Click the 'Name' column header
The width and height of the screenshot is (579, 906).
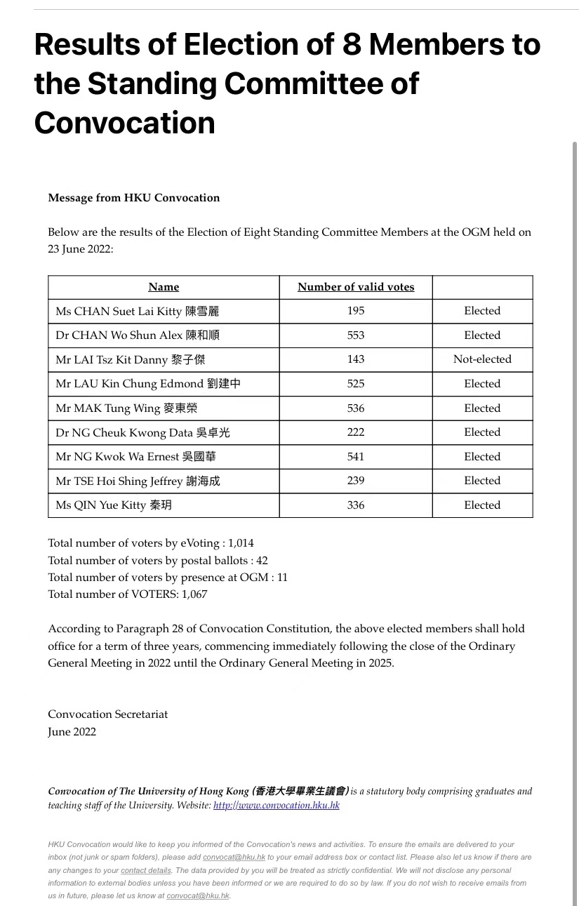tap(164, 287)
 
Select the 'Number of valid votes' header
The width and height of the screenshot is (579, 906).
tap(356, 287)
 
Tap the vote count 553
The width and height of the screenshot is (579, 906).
tap(356, 335)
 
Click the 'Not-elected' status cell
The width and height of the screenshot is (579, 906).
tap(482, 359)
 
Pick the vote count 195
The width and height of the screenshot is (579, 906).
tap(356, 311)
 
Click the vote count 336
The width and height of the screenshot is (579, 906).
tap(356, 505)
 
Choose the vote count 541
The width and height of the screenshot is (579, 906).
tap(356, 457)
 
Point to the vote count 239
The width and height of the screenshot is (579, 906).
tap(356, 481)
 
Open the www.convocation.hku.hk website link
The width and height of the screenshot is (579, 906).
tap(277, 806)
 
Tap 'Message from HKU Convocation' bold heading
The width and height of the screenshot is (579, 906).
tap(134, 198)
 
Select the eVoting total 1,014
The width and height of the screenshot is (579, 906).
tap(241, 543)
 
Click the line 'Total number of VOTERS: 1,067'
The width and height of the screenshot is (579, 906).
tap(128, 594)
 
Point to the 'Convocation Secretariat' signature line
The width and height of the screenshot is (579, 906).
tap(108, 714)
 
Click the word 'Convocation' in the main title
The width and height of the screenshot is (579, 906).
tap(124, 123)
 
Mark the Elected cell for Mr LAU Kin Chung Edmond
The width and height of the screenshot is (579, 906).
tap(482, 384)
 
